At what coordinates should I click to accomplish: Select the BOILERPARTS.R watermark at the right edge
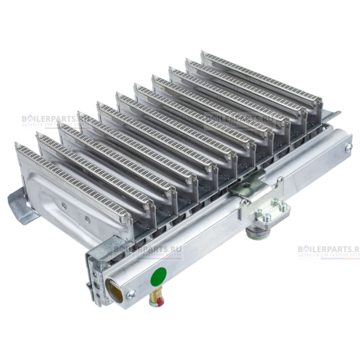point(327,249)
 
